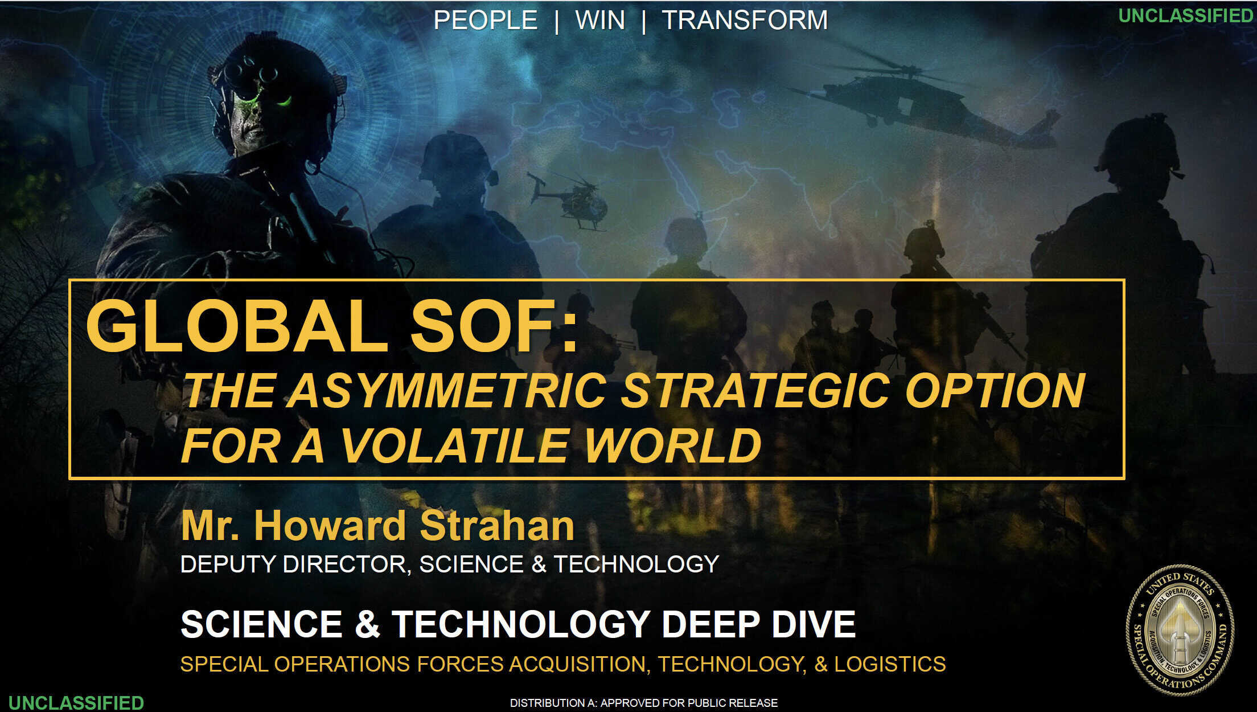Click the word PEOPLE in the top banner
(x=485, y=21)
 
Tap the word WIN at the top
(x=600, y=21)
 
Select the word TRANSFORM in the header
(x=745, y=21)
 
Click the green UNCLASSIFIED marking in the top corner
(x=1186, y=15)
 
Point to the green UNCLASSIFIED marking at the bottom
(x=76, y=702)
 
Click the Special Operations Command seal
(x=1180, y=629)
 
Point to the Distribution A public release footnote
(x=644, y=703)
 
